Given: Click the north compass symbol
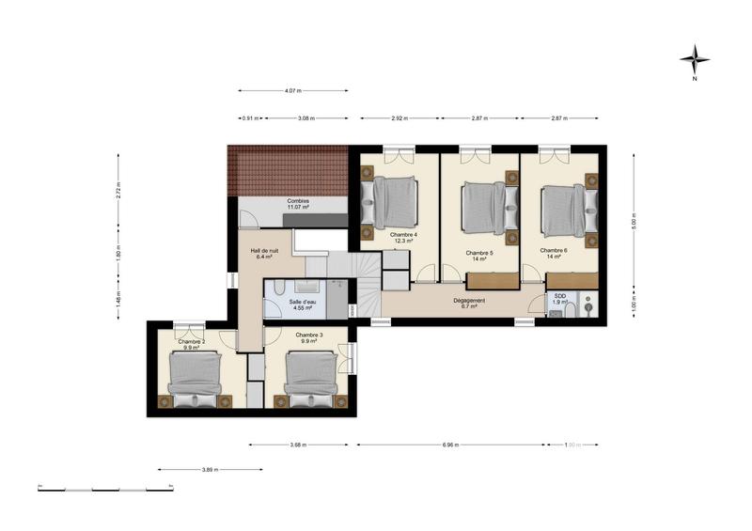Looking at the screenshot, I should point(695,60).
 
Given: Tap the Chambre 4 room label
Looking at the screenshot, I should point(404,238).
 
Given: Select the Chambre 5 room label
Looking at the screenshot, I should point(479,256).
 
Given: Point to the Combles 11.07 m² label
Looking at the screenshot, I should point(298,205).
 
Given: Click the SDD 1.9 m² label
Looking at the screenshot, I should point(560,299).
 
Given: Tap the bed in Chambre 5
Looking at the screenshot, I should point(486,206).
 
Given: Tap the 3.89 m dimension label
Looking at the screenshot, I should point(211,468).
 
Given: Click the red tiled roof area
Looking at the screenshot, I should point(287,171).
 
